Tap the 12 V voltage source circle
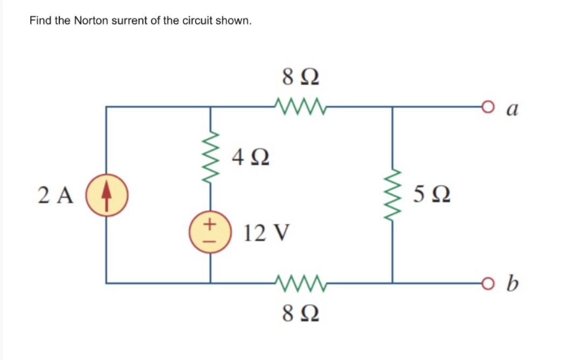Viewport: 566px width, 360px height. [210, 233]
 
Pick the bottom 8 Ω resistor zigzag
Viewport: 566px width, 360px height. [300, 281]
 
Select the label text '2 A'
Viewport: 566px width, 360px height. [57, 195]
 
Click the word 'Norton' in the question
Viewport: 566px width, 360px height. [91, 21]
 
